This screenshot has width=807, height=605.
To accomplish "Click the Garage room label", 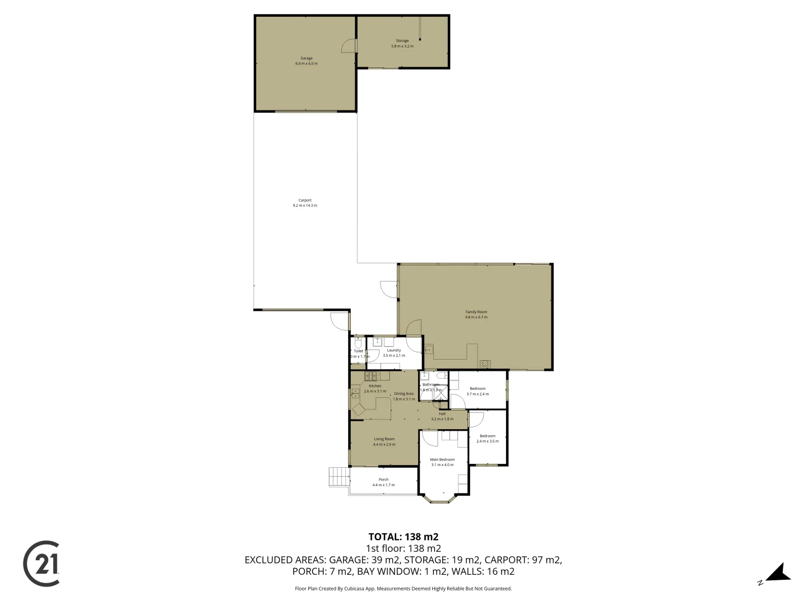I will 306,58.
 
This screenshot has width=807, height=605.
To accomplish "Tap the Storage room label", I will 402,40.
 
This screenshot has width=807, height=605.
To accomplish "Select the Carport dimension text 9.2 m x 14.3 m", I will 305,206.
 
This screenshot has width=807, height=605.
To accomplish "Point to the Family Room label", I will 476,311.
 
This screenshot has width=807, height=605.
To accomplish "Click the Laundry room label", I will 393,350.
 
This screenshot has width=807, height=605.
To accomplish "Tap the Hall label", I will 442,413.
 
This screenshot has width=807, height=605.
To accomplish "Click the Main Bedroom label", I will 442,459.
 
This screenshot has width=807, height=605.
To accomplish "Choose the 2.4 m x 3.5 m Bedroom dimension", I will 487,441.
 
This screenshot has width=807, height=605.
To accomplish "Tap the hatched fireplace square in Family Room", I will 486,364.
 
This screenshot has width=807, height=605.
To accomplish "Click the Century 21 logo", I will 41,564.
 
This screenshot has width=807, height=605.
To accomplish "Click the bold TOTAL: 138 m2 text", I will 403,536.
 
